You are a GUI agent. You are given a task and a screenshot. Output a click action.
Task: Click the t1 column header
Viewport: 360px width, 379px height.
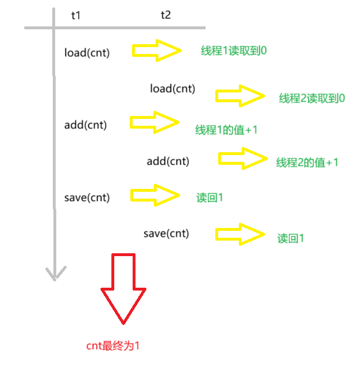(x=76, y=16)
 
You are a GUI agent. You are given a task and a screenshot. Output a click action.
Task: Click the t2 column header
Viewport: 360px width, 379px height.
(x=165, y=16)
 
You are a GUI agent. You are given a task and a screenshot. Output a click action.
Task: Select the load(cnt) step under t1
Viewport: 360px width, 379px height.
(x=87, y=53)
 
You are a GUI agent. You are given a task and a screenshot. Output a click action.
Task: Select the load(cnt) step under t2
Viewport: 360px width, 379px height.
(x=172, y=88)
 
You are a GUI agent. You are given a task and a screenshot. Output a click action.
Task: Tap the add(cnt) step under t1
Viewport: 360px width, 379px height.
(x=86, y=125)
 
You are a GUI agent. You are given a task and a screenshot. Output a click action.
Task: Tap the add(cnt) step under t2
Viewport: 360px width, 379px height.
(x=168, y=161)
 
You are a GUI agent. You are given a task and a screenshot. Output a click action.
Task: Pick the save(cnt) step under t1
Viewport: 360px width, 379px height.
(x=87, y=198)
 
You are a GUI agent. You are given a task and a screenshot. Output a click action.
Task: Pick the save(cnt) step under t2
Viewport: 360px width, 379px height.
(x=166, y=233)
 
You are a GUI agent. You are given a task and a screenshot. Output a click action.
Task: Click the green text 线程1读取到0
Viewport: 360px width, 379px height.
(x=234, y=51)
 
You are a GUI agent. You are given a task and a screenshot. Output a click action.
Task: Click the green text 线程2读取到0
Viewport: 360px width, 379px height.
(x=312, y=98)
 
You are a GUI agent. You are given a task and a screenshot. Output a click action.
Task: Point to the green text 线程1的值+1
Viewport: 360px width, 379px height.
(x=226, y=130)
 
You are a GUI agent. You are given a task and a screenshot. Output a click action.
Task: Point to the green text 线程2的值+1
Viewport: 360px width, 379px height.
(x=307, y=163)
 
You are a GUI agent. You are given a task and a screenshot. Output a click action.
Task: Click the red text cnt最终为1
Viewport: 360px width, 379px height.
(x=113, y=346)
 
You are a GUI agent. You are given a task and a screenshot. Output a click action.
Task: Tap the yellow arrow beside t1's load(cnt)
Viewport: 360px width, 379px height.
(x=157, y=51)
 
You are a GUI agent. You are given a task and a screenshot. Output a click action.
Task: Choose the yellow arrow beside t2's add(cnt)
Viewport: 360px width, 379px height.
(x=243, y=158)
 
